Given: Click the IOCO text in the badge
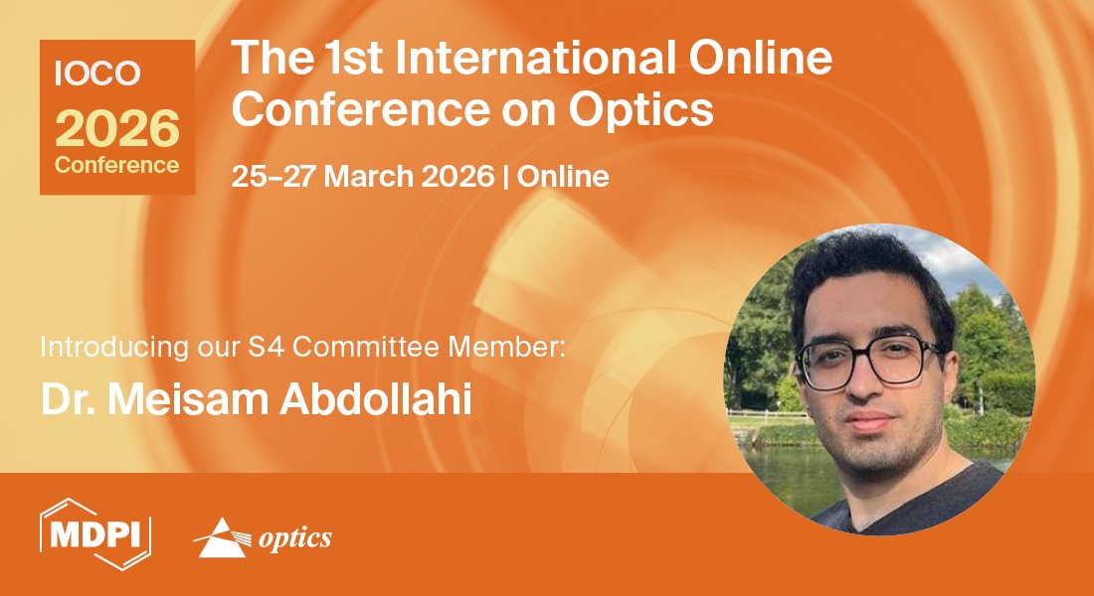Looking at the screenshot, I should [84, 74].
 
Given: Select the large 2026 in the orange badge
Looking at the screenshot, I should [117, 129].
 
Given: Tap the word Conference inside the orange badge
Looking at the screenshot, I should [117, 165].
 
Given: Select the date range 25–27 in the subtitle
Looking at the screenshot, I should [273, 178].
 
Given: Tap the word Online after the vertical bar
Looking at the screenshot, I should [563, 178].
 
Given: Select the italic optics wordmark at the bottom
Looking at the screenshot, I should [294, 538].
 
